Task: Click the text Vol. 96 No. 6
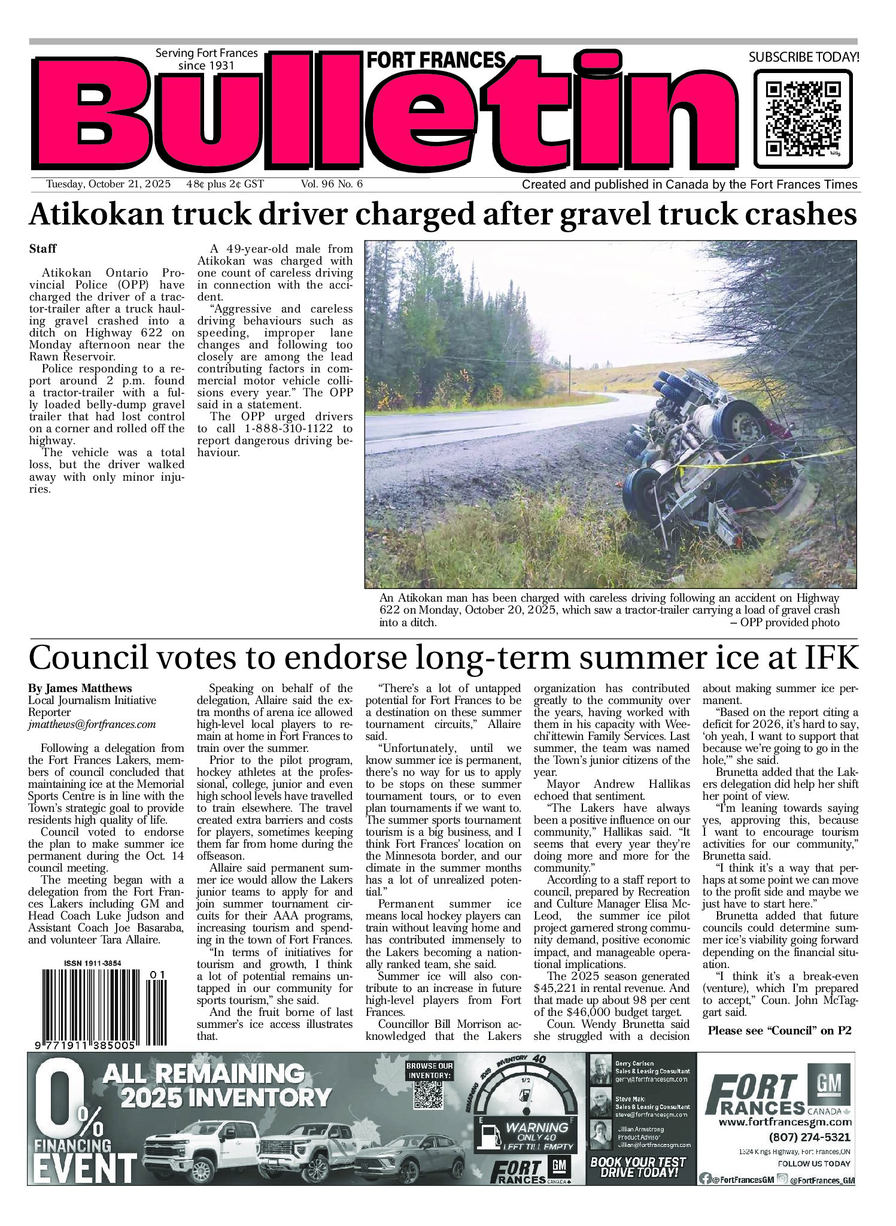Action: click(x=332, y=184)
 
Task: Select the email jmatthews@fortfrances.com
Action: click(x=92, y=724)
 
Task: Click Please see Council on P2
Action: click(x=779, y=1030)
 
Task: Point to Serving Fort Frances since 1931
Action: click(x=206, y=59)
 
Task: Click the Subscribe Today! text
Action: click(x=803, y=57)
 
